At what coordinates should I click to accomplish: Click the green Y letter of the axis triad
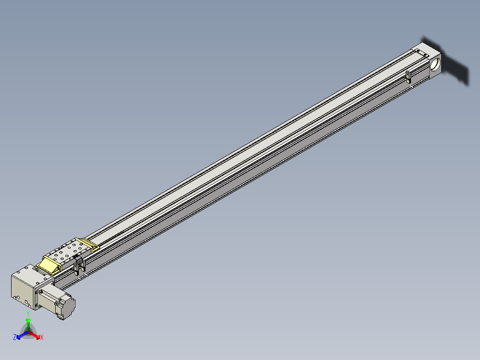pyautogui.click(x=28, y=313)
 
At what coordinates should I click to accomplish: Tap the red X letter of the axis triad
pyautogui.click(x=42, y=338)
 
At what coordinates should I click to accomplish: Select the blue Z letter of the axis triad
pyautogui.click(x=15, y=338)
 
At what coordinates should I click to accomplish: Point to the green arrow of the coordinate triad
pyautogui.click(x=28, y=323)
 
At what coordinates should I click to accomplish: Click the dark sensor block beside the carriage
pyautogui.click(x=79, y=265)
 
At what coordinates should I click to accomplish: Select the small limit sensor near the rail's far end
pyautogui.click(x=408, y=77)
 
